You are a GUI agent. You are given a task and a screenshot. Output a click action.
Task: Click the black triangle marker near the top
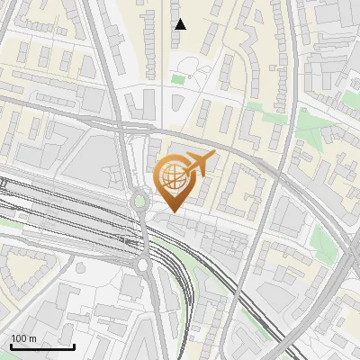180,24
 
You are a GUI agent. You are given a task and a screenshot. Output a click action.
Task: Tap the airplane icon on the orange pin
198,164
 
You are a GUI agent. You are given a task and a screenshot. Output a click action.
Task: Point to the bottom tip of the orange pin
172,211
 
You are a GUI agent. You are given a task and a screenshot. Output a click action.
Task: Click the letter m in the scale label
33,338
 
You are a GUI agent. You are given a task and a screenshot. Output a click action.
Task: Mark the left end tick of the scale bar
11,345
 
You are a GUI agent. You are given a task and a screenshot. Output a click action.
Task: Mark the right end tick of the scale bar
74,345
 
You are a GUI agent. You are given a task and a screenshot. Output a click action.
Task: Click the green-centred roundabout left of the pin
140,200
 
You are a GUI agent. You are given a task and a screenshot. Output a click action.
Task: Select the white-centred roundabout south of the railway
143,265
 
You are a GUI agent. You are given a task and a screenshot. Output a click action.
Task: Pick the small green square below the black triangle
177,80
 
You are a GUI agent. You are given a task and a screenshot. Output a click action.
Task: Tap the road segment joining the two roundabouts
142,232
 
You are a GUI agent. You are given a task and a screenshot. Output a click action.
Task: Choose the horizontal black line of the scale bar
42,346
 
